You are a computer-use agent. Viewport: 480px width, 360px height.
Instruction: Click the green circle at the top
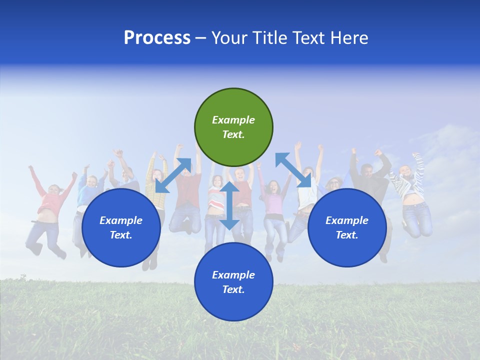[x=233, y=127]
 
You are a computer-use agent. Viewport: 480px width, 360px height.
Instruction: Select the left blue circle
[x=121, y=228]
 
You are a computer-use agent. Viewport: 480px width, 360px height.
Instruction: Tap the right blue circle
[x=347, y=228]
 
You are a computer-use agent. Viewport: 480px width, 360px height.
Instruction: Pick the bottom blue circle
[x=233, y=282]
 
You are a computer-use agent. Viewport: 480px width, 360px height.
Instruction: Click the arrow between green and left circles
[x=173, y=175]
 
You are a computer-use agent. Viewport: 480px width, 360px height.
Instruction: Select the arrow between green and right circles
[x=293, y=170]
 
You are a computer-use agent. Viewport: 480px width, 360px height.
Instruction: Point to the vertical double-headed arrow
[x=229, y=205]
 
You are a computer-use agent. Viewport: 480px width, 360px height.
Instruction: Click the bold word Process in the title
[x=157, y=38]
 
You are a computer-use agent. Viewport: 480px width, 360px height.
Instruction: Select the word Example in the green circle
[x=233, y=120]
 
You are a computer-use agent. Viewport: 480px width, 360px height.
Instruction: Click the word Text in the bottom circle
[x=232, y=289]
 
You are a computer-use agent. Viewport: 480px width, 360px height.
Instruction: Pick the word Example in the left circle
[x=121, y=220]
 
